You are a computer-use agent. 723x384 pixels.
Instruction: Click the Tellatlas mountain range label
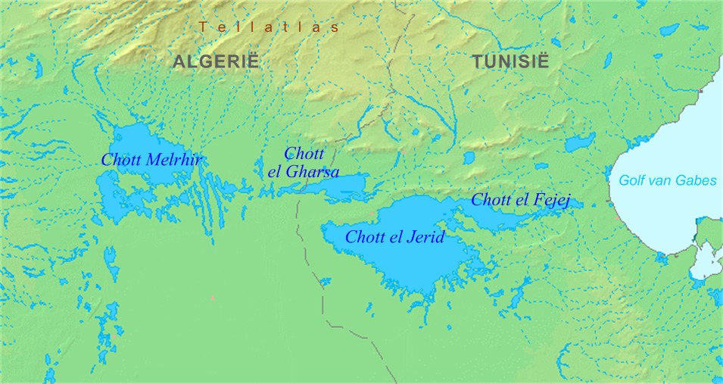(269, 27)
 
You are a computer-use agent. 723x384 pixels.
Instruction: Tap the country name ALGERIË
(216, 62)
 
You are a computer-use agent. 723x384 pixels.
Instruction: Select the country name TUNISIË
(511, 62)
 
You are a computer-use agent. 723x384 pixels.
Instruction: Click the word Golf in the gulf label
(632, 180)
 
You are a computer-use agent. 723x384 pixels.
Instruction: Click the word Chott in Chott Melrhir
(121, 160)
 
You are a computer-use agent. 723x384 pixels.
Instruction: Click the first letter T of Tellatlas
(202, 27)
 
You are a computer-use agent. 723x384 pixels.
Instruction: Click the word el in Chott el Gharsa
(275, 172)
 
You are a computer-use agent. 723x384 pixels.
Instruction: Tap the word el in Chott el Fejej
(525, 200)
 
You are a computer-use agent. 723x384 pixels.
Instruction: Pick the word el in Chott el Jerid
(397, 237)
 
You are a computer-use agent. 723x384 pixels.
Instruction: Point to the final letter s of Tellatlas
(334, 27)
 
